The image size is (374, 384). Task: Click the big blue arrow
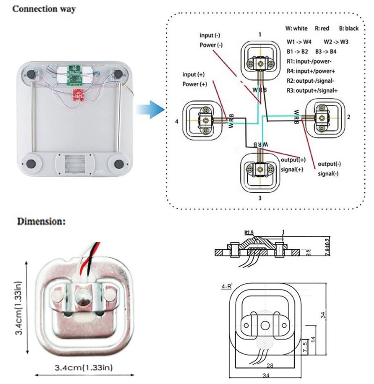[149, 111]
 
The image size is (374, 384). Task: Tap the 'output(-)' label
[329, 164]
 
